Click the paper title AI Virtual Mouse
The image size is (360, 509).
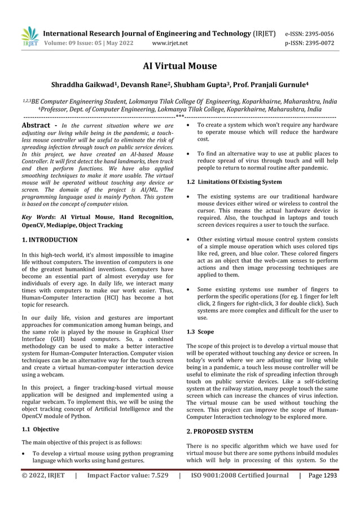pyautogui.click(x=179, y=66)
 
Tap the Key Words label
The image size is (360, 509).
pyautogui.click(x=35, y=217)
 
